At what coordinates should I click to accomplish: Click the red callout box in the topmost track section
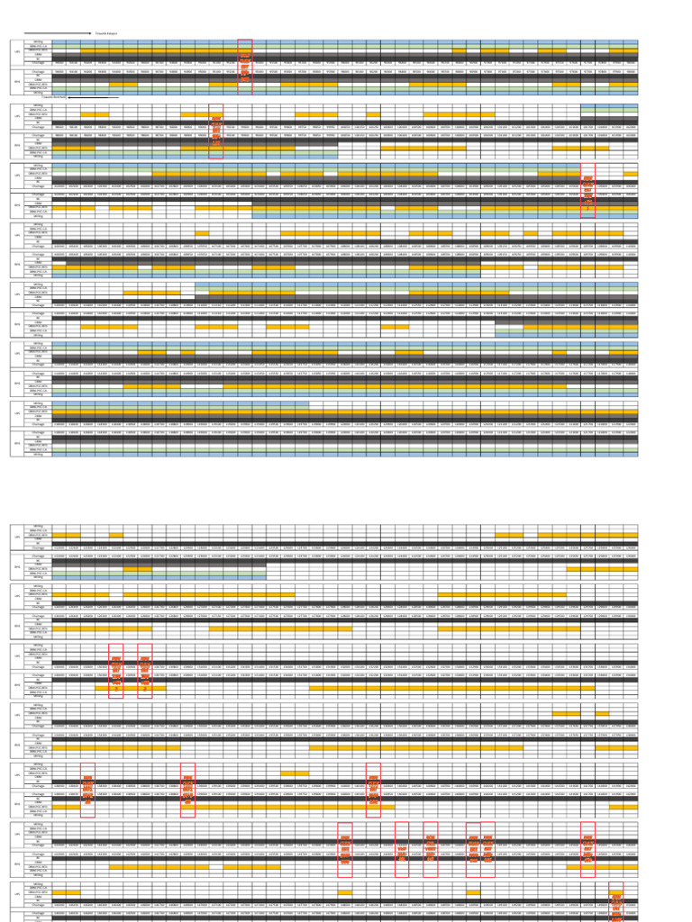(244, 66)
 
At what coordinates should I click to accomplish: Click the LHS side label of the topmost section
(17, 51)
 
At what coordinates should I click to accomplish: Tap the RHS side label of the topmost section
(17, 82)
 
